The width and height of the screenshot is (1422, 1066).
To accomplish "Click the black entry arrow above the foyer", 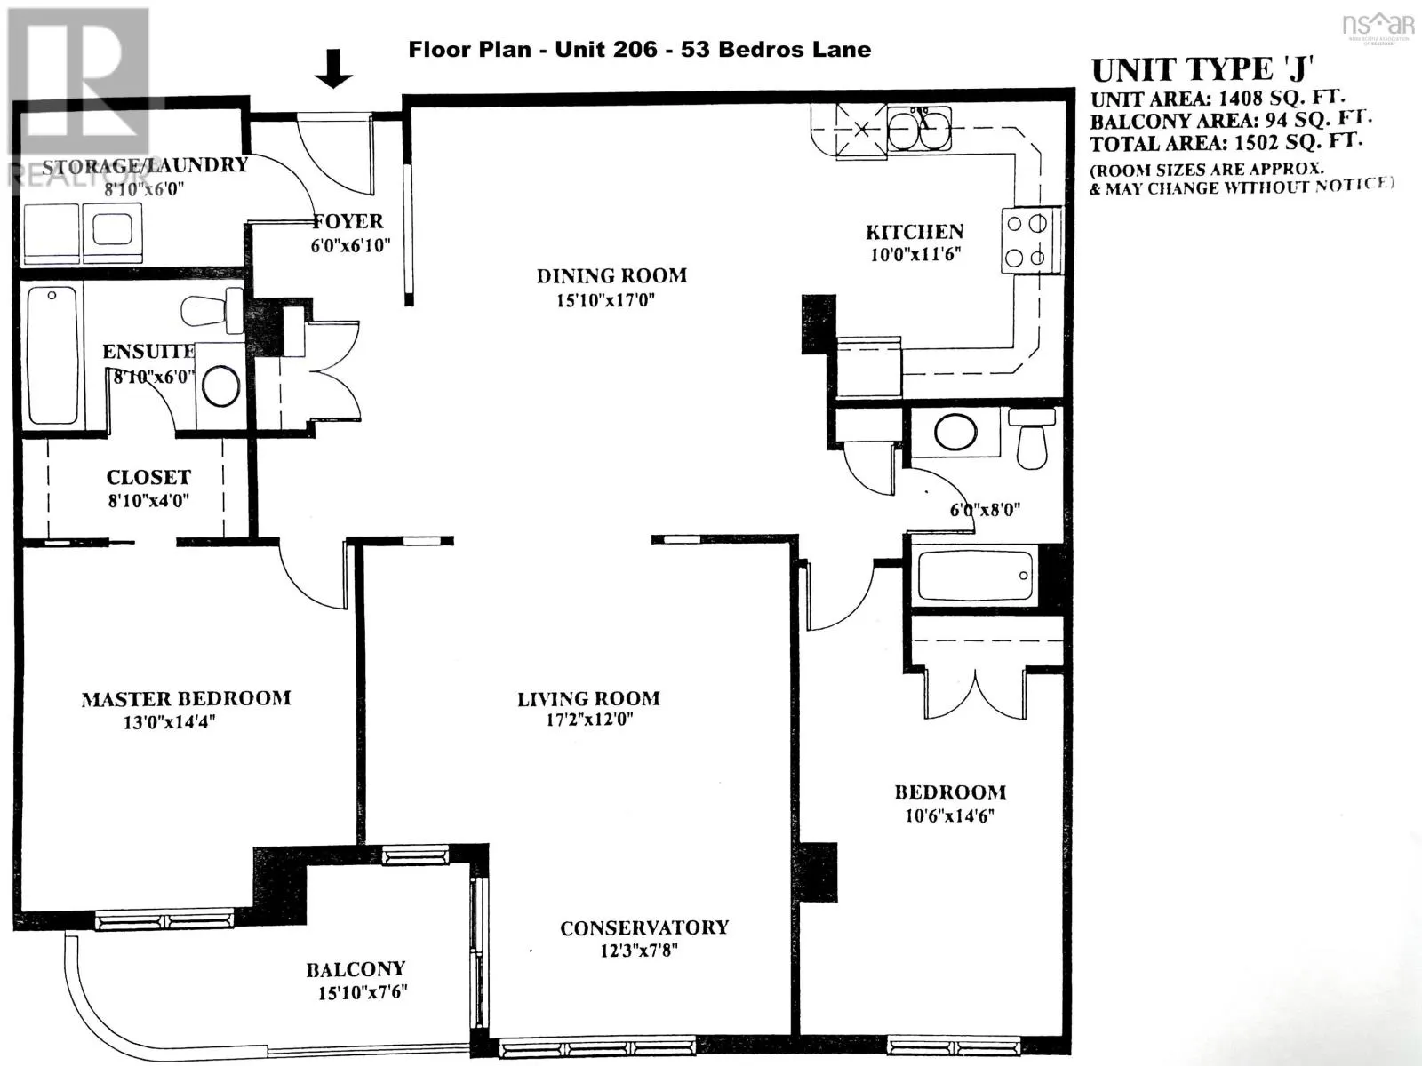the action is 333,68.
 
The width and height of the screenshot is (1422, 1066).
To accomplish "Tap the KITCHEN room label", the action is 915,232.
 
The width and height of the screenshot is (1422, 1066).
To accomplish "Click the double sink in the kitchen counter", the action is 919,130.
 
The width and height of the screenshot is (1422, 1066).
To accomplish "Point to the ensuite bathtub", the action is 53,356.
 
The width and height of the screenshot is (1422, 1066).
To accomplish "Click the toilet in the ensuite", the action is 212,311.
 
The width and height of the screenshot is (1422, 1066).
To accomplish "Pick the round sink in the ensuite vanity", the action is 221,386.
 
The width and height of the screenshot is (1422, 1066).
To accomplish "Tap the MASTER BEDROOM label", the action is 186,699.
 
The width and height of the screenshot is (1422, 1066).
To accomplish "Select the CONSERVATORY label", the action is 644,928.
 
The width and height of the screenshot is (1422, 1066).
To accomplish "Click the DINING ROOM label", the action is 611,276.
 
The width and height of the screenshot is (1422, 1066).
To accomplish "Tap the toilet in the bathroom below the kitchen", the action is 1032,439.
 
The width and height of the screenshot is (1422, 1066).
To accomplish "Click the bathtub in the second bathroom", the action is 975,576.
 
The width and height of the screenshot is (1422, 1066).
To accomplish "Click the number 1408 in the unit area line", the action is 1241,99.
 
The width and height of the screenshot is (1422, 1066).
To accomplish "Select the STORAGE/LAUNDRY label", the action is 145,166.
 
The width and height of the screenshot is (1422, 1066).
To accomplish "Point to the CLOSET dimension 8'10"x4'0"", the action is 148,500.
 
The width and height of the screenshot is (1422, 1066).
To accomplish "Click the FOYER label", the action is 348,221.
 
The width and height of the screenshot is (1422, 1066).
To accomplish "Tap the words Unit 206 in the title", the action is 606,50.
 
